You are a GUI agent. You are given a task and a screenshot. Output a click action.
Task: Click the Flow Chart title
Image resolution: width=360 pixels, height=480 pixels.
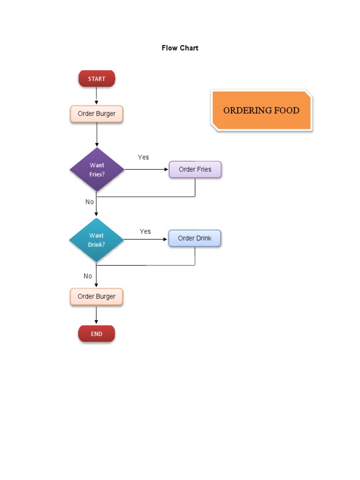coord(180,48)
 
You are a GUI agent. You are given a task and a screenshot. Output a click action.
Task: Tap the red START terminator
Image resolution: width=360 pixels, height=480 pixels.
coord(97,79)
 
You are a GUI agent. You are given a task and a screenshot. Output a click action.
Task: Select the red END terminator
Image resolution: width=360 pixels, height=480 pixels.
coord(97,334)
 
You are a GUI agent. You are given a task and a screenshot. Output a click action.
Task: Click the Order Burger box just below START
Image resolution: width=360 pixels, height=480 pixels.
coord(97,114)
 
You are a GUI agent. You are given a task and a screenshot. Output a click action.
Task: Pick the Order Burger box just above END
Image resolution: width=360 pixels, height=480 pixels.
coord(97,297)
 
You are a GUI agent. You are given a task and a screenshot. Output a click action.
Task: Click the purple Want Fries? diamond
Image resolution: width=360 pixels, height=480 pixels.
coord(97,169)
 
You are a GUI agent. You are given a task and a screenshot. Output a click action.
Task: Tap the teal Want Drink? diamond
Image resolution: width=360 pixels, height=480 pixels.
coord(97,240)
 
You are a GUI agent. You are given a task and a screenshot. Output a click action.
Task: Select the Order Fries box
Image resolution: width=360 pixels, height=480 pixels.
coord(195,170)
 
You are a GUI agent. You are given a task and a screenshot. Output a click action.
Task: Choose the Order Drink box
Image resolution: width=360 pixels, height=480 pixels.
coord(195,239)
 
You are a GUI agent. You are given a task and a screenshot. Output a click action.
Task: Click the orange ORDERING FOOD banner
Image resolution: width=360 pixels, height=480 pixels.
coord(262,111)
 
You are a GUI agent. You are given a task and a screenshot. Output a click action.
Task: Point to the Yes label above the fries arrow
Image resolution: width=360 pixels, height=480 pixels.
coord(143,157)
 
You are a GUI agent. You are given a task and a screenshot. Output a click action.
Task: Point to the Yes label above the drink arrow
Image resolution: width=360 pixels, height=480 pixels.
coord(145,231)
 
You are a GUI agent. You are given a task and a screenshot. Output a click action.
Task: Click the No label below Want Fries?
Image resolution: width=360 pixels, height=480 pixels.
coord(90,202)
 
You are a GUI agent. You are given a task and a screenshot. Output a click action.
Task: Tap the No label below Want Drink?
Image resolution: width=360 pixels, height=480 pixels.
coord(88,276)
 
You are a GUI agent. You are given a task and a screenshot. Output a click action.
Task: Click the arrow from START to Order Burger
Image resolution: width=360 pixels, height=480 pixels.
coord(97,96)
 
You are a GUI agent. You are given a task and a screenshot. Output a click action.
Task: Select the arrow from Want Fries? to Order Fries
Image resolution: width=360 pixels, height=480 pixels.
coord(146,169)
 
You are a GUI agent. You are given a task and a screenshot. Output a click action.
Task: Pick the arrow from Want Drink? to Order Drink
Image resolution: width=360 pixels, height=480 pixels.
coord(145,239)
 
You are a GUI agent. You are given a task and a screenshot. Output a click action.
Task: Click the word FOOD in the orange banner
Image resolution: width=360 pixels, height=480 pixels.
coord(287,111)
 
